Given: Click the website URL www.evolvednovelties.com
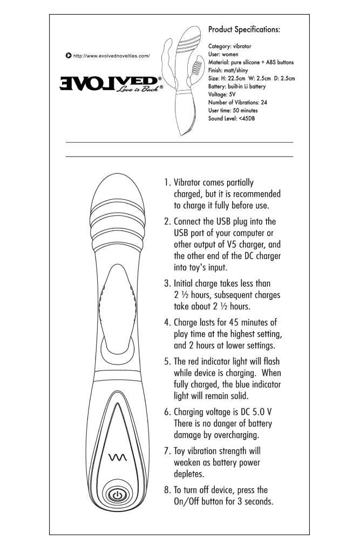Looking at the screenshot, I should click(x=111, y=56).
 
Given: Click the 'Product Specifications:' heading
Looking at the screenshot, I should click(x=244, y=30).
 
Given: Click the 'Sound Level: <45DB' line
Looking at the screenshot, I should click(x=232, y=117).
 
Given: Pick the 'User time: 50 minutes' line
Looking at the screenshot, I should click(x=235, y=110).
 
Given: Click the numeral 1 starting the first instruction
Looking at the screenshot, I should click(x=167, y=183).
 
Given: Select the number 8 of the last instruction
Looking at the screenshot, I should click(x=167, y=490).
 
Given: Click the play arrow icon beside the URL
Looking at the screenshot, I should click(x=68, y=56).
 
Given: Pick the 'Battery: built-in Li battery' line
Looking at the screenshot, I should click(x=236, y=86).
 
